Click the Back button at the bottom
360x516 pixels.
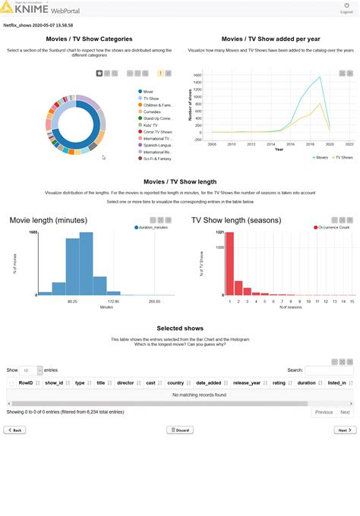coord(14,429)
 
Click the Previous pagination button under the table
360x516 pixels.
coord(324,412)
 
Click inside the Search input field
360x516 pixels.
coord(328,370)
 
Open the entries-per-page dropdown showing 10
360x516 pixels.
coord(31,370)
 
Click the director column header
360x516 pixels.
coord(126,383)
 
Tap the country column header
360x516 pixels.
coord(176,383)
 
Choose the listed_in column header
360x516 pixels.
coord(337,383)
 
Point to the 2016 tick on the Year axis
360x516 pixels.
coord(291,143)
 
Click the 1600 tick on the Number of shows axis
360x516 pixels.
coord(197,76)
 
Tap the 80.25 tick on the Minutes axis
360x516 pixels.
coord(72,301)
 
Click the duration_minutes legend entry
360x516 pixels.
coord(153,227)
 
